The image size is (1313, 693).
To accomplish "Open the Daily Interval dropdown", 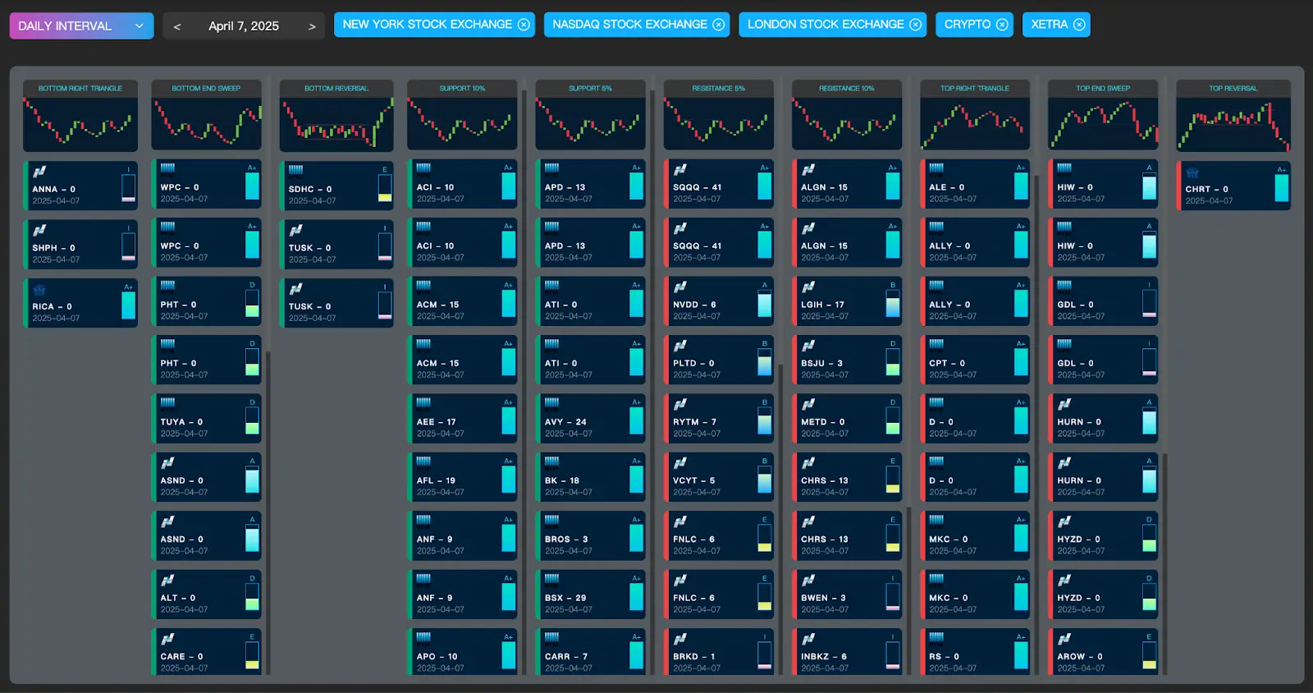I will click(81, 25).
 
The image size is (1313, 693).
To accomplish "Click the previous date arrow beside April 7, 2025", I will click(177, 26).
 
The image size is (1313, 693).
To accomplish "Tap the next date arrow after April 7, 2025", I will click(312, 26).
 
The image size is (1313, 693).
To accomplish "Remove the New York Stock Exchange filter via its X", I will click(524, 25).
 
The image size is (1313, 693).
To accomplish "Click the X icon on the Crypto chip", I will click(1002, 25).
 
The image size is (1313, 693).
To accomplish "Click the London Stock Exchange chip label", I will click(825, 25).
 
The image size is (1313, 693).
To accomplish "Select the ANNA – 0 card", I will click(80, 186).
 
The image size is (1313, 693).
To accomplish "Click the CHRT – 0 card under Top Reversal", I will click(1233, 186).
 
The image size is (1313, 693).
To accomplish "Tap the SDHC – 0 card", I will click(336, 186).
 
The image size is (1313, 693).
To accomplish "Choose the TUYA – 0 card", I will click(206, 420).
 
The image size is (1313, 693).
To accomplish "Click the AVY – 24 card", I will click(590, 420).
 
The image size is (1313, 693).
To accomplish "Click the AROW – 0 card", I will click(1102, 654).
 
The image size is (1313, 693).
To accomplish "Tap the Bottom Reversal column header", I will click(336, 88).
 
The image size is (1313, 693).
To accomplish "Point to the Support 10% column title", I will click(462, 88).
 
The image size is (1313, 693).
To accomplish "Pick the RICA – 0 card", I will click(80, 303).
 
